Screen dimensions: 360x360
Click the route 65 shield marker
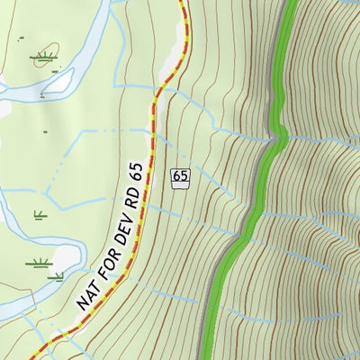[180, 177]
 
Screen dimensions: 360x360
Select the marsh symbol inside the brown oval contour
[41, 58]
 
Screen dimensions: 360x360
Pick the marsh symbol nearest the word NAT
[38, 265]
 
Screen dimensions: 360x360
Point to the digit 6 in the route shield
[176, 177]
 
